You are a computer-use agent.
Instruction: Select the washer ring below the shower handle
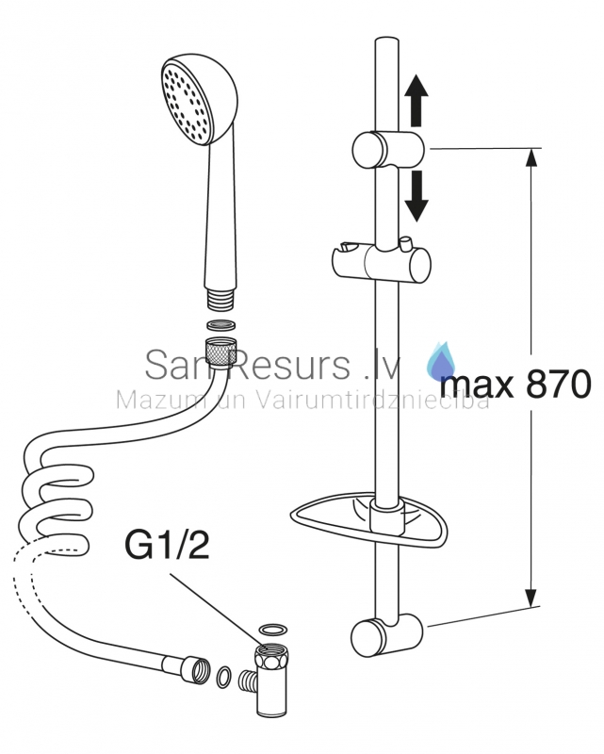click(221, 324)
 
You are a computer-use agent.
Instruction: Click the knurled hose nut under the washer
click(220, 352)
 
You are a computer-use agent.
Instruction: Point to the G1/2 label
click(167, 546)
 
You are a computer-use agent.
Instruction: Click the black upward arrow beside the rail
click(416, 101)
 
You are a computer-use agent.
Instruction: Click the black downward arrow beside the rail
click(416, 196)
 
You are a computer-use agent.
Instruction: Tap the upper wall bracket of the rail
click(388, 150)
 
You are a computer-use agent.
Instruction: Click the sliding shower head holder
click(382, 263)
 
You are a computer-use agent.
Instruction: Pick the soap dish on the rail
click(368, 521)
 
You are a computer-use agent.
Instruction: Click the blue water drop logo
click(441, 359)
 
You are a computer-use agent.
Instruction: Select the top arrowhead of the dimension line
click(531, 157)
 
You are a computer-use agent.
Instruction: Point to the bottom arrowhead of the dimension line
click(531, 598)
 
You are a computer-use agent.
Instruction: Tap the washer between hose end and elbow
click(223, 677)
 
